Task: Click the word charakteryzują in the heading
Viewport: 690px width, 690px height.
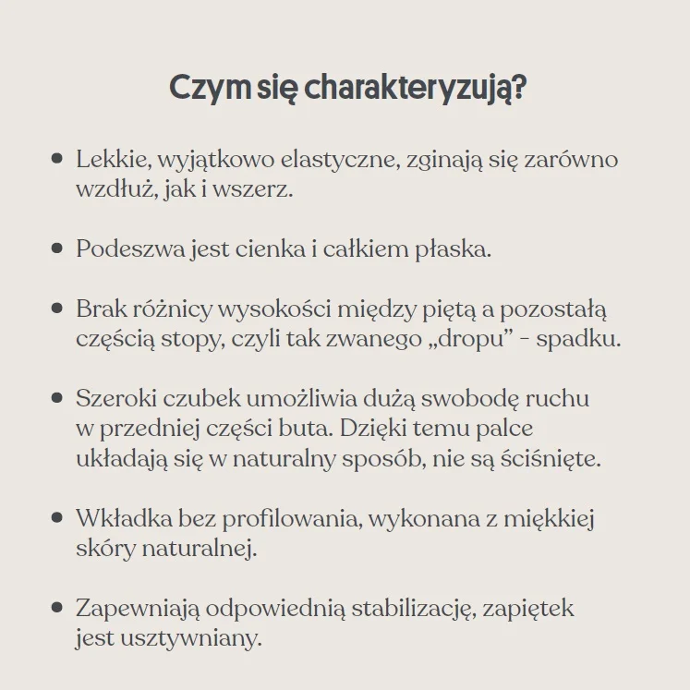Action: click(x=416, y=90)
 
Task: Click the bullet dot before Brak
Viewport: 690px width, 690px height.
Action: click(x=57, y=309)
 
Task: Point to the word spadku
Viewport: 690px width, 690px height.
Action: click(x=578, y=338)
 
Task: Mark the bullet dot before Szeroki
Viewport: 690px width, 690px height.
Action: click(x=57, y=398)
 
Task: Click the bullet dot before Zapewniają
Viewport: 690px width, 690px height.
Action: click(x=57, y=608)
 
